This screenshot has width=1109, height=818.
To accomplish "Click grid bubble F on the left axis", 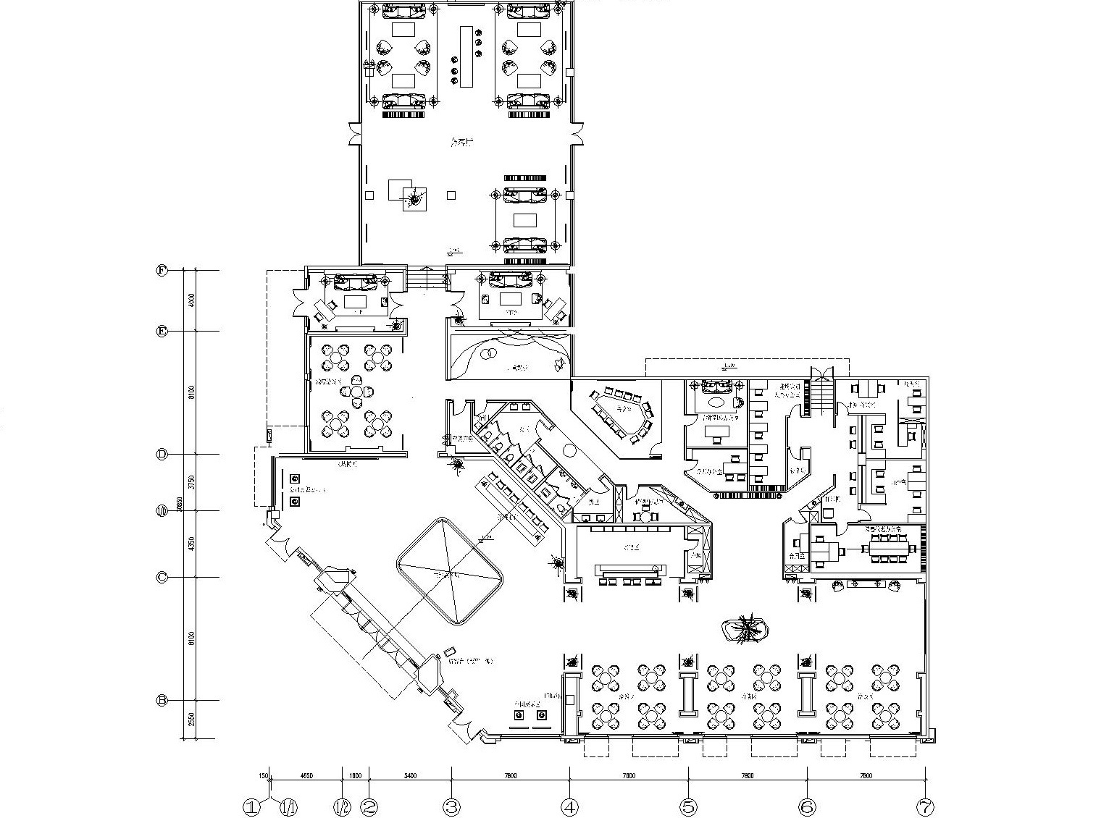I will click(x=162, y=270).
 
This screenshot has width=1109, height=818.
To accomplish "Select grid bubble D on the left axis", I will click(x=162, y=454).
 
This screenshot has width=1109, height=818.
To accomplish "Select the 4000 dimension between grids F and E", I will click(x=191, y=300).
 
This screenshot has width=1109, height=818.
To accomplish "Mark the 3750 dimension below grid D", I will click(x=191, y=481).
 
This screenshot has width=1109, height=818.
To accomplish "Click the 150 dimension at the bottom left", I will click(x=264, y=775).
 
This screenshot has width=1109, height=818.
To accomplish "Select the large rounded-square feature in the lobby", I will click(x=450, y=570).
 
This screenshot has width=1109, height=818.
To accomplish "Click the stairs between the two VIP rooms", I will click(x=426, y=278).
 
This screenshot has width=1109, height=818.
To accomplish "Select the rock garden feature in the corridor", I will click(x=746, y=628).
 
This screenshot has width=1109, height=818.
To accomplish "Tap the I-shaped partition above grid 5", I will click(x=687, y=694).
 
